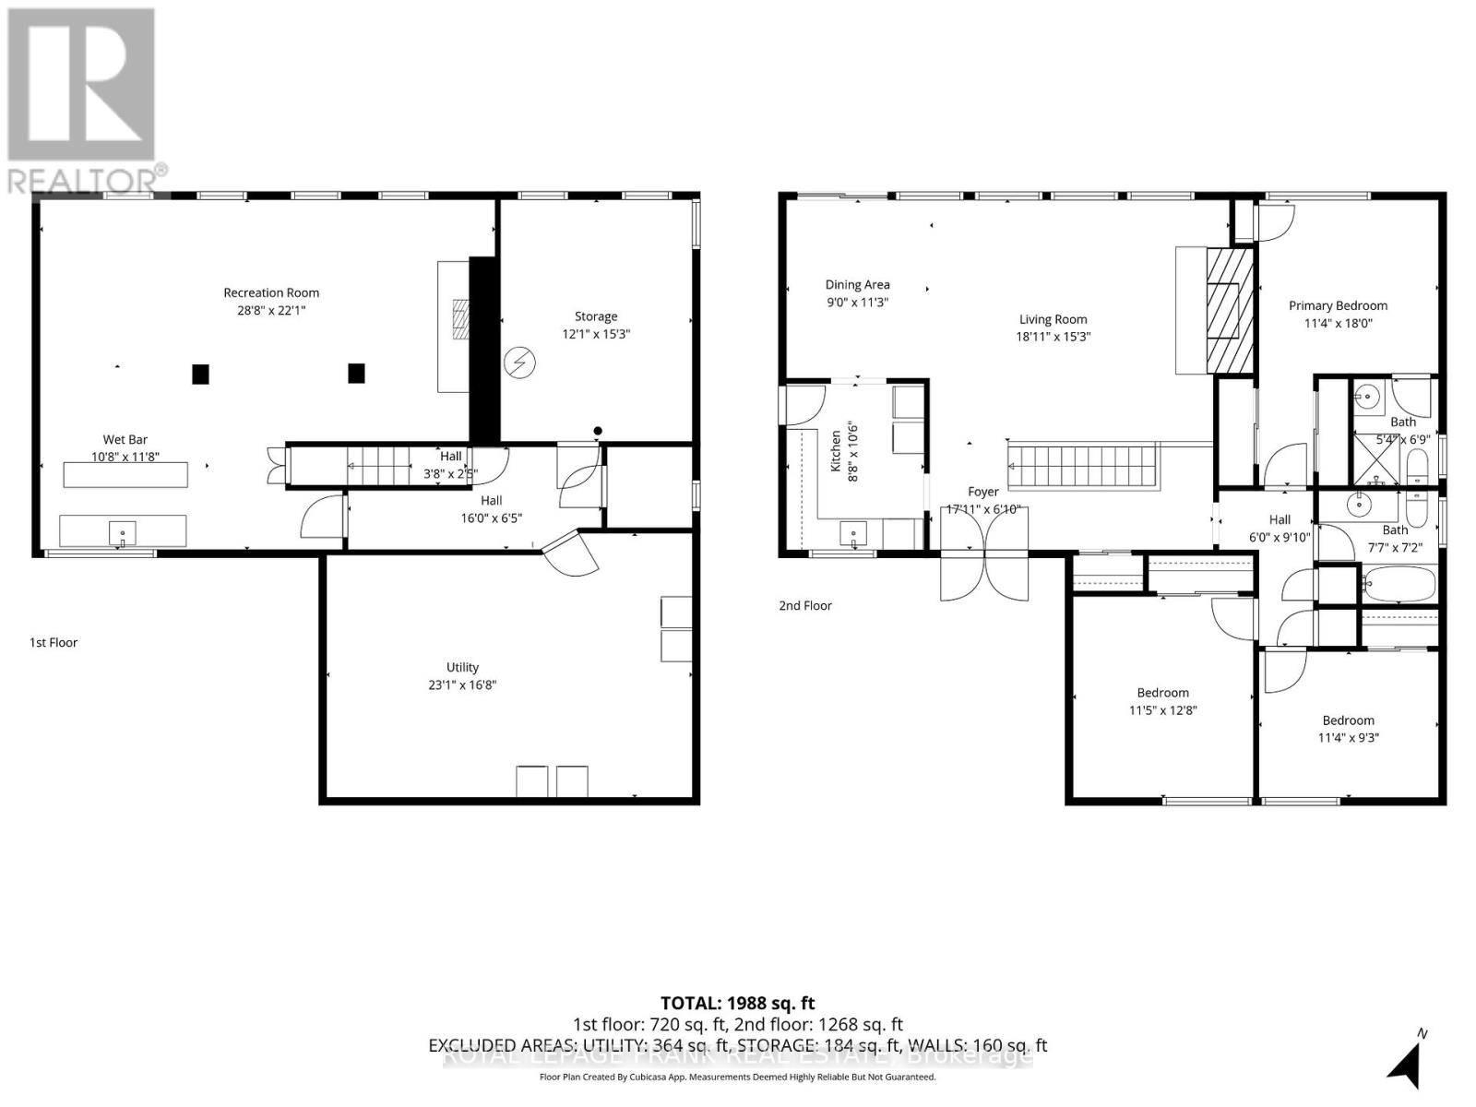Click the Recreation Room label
tap(271, 293)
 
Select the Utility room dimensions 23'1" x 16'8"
tap(462, 684)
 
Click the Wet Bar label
tap(125, 440)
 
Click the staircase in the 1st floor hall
tap(380, 465)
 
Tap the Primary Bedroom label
tap(1338, 305)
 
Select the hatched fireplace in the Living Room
tap(1231, 310)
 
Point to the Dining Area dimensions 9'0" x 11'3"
tap(857, 302)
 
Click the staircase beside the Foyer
tap(1082, 466)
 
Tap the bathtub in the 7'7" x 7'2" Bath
tap(1399, 583)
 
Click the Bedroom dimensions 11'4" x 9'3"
tap(1348, 737)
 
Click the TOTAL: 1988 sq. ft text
tap(737, 1003)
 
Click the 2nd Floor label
tap(804, 606)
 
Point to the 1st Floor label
tap(54, 642)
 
